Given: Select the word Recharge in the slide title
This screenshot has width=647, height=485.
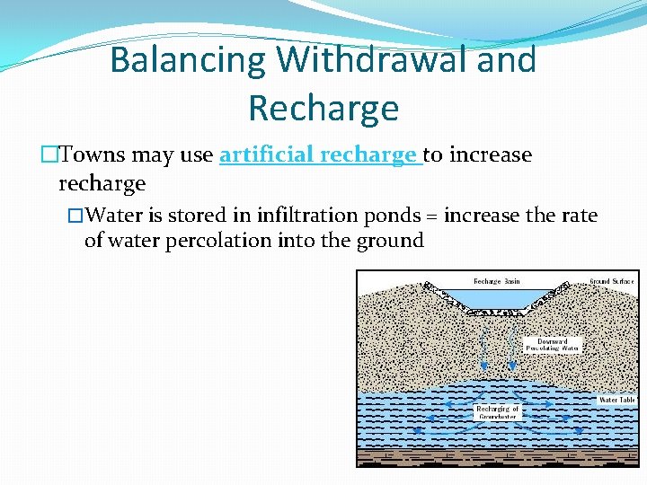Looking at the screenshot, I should pyautogui.click(x=323, y=108).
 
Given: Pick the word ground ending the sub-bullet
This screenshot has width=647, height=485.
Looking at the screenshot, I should pyautogui.click(x=391, y=242).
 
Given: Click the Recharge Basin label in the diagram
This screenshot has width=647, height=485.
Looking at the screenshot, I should pyautogui.click(x=497, y=281).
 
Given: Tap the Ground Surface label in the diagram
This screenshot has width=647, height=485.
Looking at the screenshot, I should pyautogui.click(x=612, y=281).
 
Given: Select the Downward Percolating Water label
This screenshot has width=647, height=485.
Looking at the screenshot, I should pyautogui.click(x=553, y=345).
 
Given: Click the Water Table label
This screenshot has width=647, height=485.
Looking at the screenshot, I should pyautogui.click(x=617, y=400).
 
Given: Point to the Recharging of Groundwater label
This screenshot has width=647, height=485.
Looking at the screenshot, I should pyautogui.click(x=497, y=412).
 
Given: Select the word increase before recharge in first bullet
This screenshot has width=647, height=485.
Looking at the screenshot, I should pyautogui.click(x=491, y=155).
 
